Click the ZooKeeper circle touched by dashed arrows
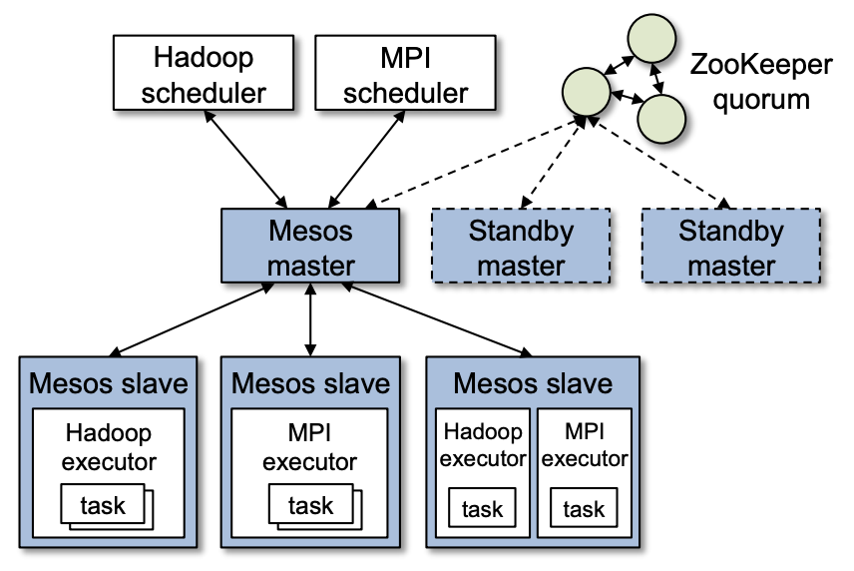tap(586, 92)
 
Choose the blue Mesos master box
tap(310, 248)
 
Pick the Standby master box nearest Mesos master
tap(521, 248)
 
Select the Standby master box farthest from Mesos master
tap(731, 248)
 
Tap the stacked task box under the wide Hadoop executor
tap(103, 505)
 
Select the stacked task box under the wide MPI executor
tap(311, 505)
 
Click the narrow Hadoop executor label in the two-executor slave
tap(483, 445)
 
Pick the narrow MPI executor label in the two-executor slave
tap(584, 445)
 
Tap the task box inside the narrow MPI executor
tap(584, 509)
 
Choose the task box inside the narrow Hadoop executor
tap(483, 509)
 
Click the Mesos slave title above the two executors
tap(532, 382)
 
